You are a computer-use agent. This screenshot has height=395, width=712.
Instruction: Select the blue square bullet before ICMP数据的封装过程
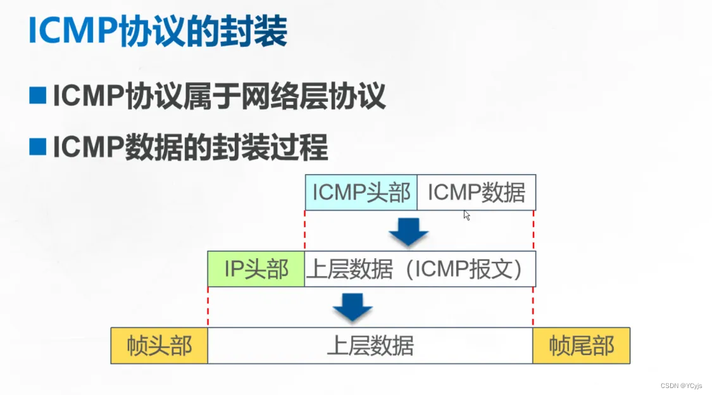[x=38, y=147]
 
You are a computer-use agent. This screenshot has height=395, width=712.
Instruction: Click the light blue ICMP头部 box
[x=361, y=192]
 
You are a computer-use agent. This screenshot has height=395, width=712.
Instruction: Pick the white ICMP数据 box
[x=476, y=192]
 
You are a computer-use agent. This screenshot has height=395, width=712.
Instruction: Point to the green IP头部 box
[x=256, y=269]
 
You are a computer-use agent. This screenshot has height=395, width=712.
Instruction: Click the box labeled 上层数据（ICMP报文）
[x=420, y=269]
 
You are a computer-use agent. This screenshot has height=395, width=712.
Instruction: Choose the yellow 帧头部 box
[x=159, y=346]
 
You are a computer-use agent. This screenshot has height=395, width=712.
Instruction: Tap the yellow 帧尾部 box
[x=581, y=346]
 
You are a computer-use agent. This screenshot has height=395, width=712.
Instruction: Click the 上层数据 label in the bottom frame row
[x=370, y=346]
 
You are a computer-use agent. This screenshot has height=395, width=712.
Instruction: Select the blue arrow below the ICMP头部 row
[x=408, y=232]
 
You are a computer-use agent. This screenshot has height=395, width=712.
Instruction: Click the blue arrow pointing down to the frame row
[x=353, y=306]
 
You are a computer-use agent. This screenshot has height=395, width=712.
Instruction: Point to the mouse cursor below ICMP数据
[x=466, y=215]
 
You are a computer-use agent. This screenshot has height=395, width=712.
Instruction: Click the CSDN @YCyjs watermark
[x=684, y=386]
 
